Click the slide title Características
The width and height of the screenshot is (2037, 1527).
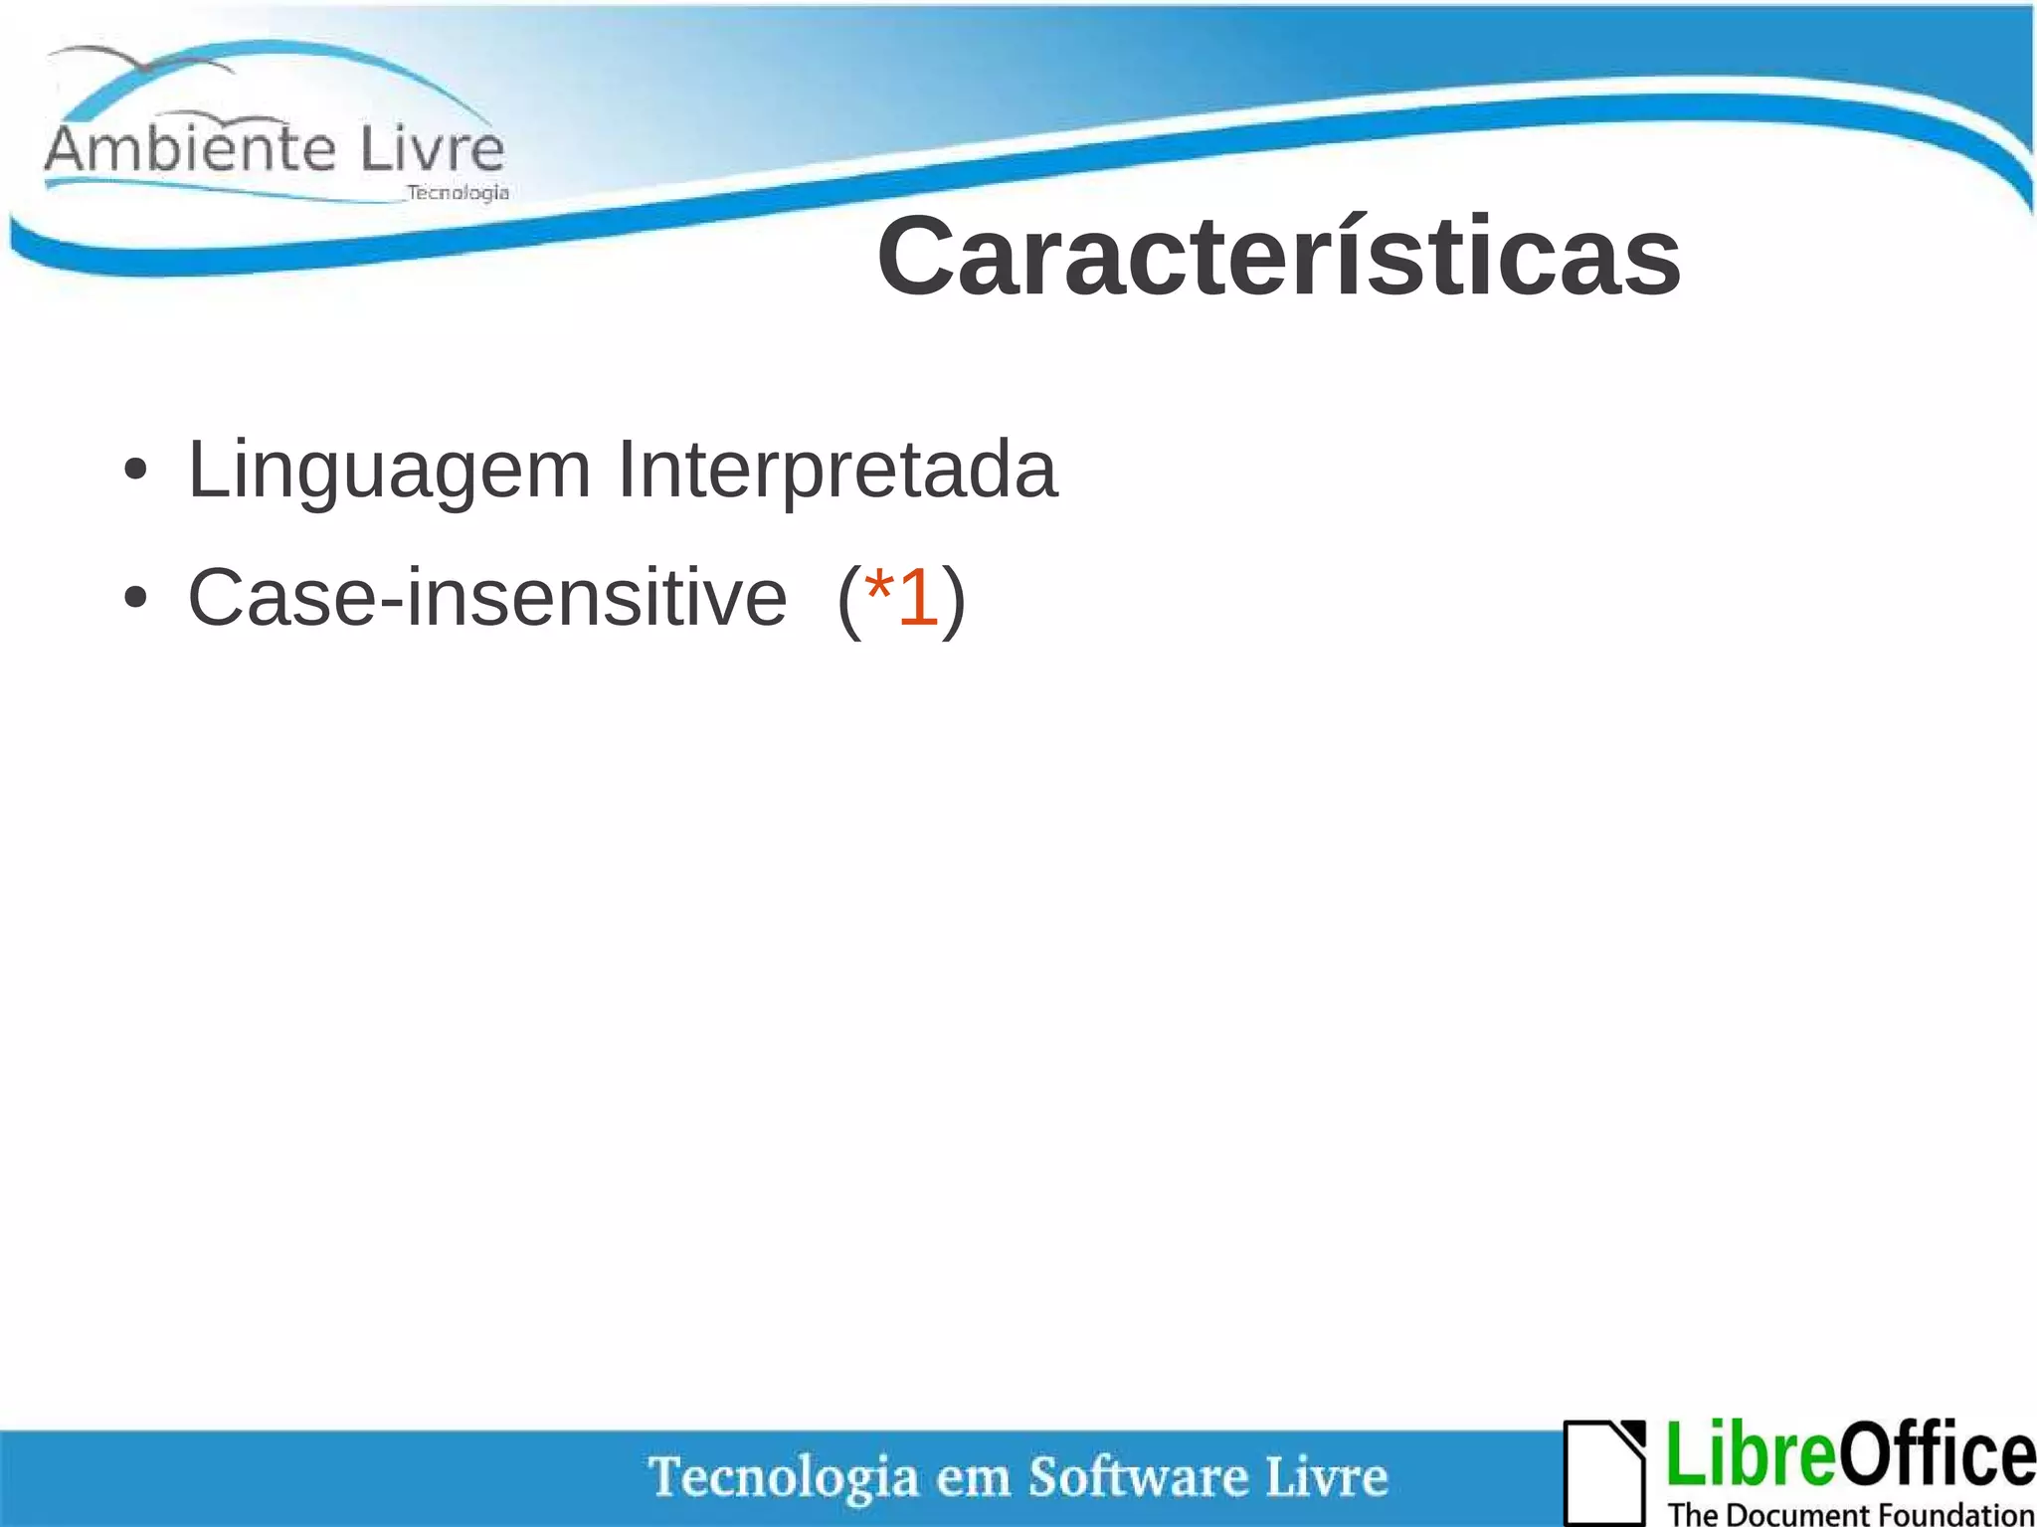[x=1278, y=258]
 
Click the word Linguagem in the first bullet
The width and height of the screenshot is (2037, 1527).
[x=389, y=470]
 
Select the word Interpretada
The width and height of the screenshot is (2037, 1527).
[x=836, y=470]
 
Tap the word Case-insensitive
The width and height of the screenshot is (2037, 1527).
[x=486, y=598]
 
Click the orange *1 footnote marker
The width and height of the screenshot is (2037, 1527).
[x=901, y=598]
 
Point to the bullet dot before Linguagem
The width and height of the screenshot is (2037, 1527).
[x=136, y=471]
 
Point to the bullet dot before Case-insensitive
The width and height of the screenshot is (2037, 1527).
[x=136, y=599]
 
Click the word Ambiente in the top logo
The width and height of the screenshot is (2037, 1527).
[x=189, y=150]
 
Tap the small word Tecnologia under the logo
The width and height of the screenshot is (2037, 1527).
[x=458, y=193]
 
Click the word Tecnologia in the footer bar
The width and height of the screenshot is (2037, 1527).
[x=783, y=1477]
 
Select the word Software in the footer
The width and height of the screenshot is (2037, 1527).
[x=1138, y=1476]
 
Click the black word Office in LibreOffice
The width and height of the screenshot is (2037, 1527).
[x=1935, y=1455]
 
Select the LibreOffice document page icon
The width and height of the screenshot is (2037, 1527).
[x=1603, y=1472]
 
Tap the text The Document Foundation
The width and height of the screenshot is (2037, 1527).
[x=1850, y=1513]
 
